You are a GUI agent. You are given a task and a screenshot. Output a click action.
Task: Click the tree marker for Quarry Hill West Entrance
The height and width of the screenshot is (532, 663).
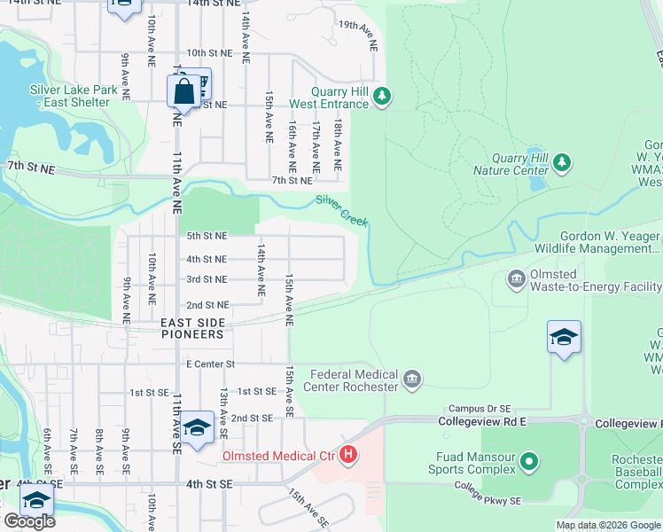coord(382,96)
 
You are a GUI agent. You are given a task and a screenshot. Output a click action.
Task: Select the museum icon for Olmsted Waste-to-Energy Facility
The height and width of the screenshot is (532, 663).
coord(517,280)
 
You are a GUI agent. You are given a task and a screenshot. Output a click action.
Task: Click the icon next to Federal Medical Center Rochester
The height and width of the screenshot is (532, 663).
coord(411,379)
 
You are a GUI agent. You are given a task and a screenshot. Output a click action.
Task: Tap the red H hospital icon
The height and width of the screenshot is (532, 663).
coord(348,456)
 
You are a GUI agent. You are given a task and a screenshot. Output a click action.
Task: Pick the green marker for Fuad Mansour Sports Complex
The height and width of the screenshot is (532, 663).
coord(529,461)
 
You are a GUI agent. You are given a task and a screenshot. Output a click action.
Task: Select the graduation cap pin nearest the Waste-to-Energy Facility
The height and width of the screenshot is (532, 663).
coord(564,338)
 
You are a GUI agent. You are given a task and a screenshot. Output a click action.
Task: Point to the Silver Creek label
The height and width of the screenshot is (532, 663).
coord(342,210)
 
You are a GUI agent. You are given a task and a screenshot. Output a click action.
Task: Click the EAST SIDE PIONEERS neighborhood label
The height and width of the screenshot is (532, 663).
coord(205,334)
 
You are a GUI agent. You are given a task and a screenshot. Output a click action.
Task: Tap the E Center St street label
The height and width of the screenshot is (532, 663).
coord(210,364)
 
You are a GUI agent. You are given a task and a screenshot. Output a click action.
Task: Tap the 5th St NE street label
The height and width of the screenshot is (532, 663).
coord(207,236)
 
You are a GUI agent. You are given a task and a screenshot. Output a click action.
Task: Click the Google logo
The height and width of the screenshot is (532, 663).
coord(29,521)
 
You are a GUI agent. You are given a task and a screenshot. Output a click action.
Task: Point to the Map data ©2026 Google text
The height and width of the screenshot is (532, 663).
coord(607,525)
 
